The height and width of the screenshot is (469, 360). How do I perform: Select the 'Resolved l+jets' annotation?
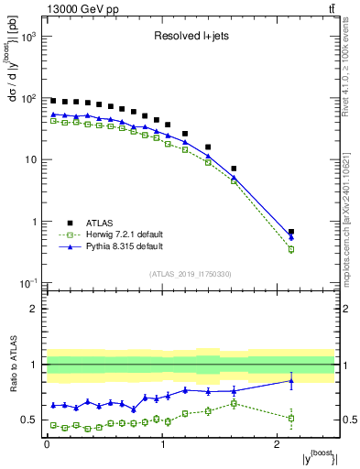191,38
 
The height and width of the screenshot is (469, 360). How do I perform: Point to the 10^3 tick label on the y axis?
27,37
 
